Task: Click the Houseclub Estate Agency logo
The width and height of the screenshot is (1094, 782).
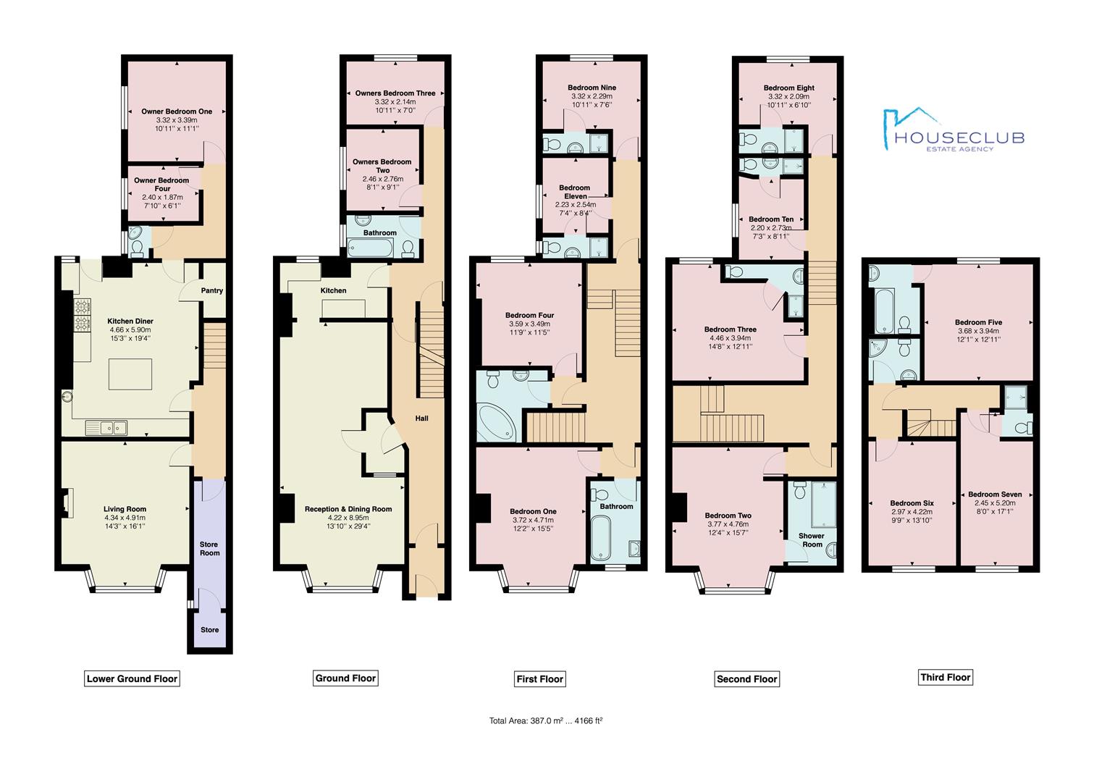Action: [x=951, y=131]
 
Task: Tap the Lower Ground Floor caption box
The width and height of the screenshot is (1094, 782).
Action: [x=132, y=678]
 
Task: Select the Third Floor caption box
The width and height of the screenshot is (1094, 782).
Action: [x=945, y=677]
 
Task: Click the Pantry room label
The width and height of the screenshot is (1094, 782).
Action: [x=212, y=290]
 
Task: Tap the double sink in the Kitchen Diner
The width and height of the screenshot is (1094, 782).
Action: [x=106, y=428]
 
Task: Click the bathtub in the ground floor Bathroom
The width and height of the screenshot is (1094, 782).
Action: [x=371, y=248]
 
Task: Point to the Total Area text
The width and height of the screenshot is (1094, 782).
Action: [x=546, y=720]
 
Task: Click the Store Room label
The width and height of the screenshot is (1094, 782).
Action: [x=209, y=548]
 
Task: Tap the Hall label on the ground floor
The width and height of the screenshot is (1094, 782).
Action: [x=421, y=418]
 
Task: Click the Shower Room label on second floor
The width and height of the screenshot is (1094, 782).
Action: [x=812, y=540]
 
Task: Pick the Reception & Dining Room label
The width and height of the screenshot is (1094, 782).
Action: [x=348, y=509]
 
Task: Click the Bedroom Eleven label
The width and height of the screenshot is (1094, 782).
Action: [x=574, y=192]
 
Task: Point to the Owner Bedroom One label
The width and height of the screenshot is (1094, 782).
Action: [x=177, y=112]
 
